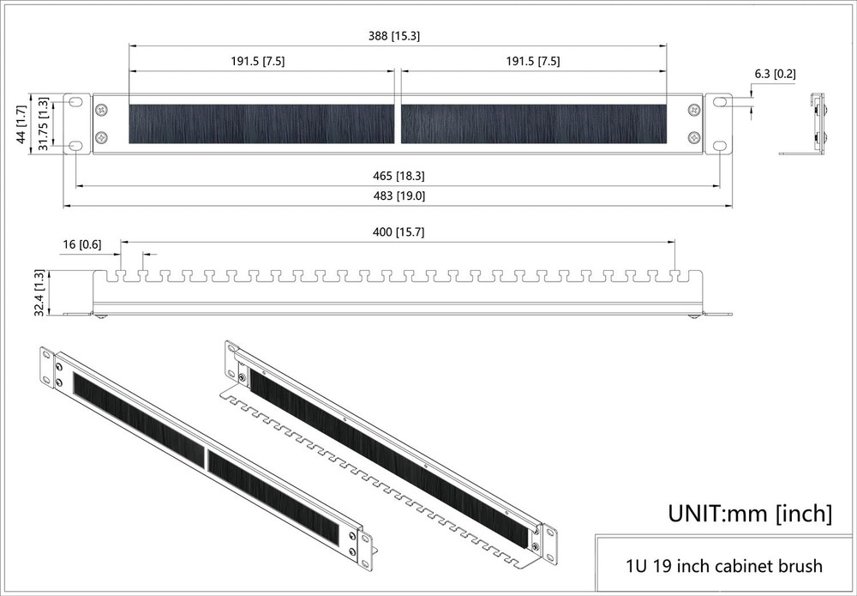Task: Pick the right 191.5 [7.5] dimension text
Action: (532, 62)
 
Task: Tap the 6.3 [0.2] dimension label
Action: (775, 75)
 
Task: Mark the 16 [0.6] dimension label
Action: (81, 245)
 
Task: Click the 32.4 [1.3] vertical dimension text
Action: (39, 292)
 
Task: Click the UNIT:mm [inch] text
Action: (750, 514)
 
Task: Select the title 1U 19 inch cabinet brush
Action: (724, 566)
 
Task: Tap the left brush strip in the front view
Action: (261, 124)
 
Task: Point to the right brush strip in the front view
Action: (533, 124)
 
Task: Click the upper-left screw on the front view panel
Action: (102, 110)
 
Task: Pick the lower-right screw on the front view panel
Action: (694, 137)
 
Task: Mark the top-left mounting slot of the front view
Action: (76, 102)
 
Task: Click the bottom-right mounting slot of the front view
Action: (719, 146)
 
